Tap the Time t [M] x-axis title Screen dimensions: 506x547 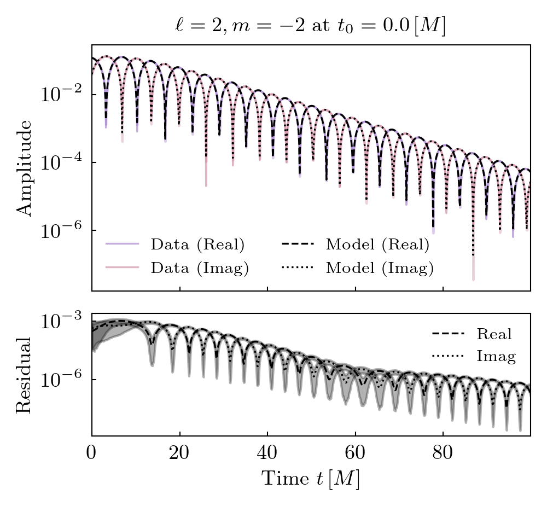click(310, 479)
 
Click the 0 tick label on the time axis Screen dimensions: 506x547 click(92, 454)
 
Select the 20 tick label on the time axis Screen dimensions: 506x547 click(179, 454)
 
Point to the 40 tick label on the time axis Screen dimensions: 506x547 click(267, 454)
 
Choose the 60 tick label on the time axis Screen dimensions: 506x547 click(355, 454)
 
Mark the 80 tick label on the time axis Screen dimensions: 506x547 click(443, 454)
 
